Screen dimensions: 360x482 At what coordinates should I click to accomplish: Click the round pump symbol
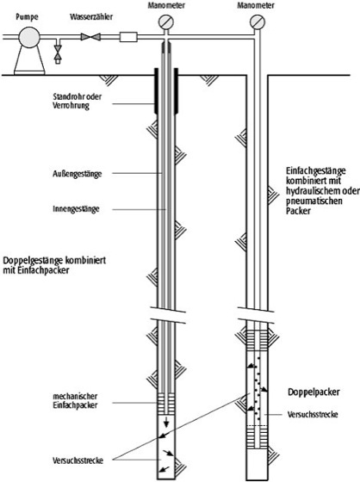point(29,37)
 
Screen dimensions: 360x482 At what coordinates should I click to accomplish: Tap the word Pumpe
point(27,16)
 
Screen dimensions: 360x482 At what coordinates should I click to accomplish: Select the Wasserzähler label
point(91,16)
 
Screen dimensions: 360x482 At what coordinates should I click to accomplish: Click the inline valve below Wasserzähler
point(90,37)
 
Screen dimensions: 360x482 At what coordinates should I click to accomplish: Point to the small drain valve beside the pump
point(58,52)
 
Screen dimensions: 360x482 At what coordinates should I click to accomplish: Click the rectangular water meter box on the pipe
point(128,37)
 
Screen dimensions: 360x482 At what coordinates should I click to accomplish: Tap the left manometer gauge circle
point(166,22)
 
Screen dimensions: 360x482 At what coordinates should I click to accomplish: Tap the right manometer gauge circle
point(258,22)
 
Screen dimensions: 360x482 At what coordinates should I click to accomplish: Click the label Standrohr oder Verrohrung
point(77,102)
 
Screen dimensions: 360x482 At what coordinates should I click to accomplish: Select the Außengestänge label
point(77,174)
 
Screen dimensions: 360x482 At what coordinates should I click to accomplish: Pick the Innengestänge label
point(76,209)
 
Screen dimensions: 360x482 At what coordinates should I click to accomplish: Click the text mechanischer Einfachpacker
point(75,401)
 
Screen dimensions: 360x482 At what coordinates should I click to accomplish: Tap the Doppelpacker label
point(313,392)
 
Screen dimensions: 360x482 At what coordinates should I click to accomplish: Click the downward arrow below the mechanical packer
point(166,422)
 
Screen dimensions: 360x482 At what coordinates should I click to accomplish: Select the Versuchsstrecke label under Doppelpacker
point(313,414)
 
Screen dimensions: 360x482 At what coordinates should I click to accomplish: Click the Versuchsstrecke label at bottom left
point(78,460)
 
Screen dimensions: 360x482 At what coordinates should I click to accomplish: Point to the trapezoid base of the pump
point(29,61)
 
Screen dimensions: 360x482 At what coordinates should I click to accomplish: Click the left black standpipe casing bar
point(156,90)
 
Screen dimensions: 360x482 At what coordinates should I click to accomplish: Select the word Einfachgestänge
point(316,171)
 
